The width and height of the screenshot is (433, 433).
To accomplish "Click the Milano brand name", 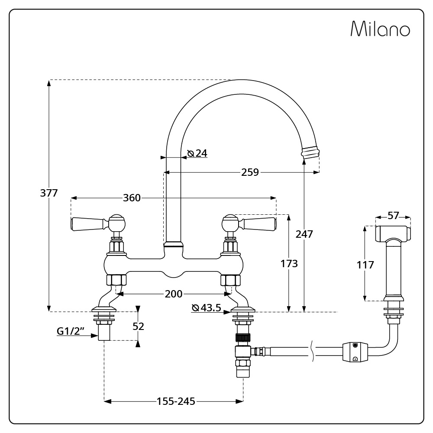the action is pos(380,29).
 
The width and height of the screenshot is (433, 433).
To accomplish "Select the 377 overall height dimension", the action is pos(49,193).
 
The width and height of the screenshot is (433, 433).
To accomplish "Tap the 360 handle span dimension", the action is pos(132,198).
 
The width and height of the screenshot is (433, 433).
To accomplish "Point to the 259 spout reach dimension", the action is pos(250,172).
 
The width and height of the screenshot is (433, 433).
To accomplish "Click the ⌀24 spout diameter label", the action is pos(197,153).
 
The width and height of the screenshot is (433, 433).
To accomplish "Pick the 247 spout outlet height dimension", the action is pos(304,234).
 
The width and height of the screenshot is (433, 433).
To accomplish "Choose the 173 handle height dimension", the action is pos(289,263).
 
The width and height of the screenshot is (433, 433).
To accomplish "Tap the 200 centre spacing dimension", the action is pos(174,294).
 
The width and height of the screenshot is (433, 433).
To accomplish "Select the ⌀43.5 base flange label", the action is pos(207,307).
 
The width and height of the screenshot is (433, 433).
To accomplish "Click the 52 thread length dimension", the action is pos(139,326).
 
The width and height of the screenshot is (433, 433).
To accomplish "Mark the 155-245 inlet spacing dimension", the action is pos(176,401).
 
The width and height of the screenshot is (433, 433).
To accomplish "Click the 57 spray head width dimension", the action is pos(393,215).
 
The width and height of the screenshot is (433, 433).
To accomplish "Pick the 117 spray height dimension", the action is pos(365,265).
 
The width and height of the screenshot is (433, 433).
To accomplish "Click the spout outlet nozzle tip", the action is pos(310,153).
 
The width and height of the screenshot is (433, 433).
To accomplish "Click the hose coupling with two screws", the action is pos(355,352).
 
